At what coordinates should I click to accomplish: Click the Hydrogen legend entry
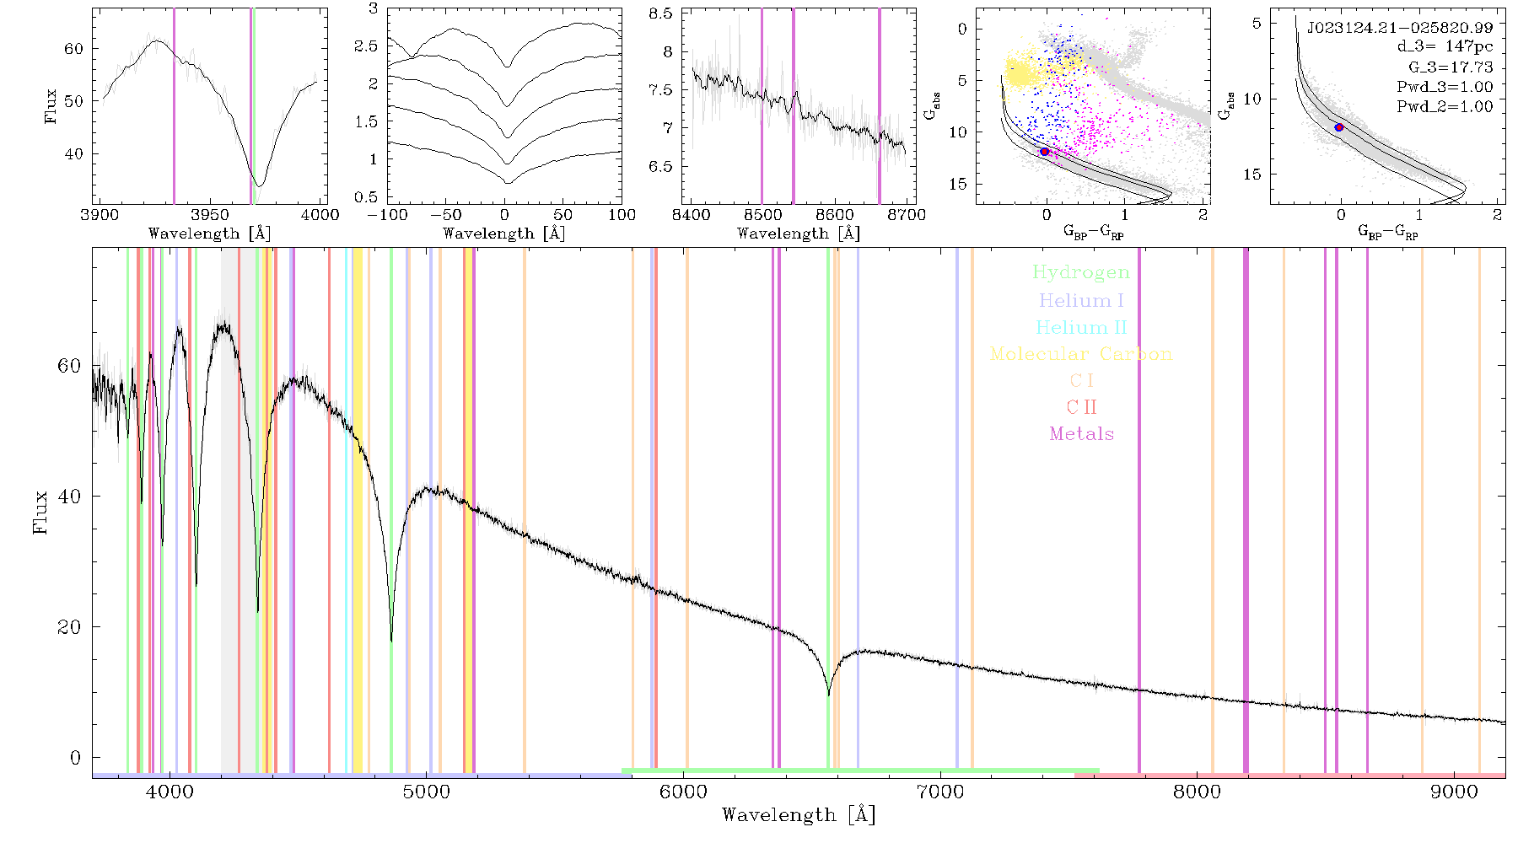1081,273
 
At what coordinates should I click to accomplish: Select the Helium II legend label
1081,327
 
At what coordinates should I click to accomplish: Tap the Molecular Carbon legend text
1081,354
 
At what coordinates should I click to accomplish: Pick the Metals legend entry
1082,434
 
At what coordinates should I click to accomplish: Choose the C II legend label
1082,407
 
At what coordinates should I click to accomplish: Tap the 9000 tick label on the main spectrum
1454,792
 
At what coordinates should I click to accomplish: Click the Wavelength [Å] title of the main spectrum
799,815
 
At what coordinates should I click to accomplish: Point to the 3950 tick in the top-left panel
210,215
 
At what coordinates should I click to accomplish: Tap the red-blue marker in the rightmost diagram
1339,127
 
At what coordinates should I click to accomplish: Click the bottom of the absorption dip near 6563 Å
828,695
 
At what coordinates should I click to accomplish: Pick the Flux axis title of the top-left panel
51,106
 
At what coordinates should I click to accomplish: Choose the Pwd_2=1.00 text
1445,107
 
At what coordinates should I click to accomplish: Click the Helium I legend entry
1081,300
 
